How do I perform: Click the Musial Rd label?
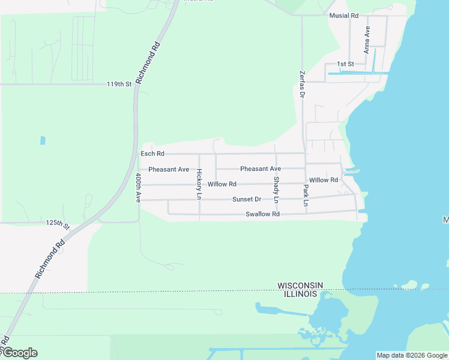click(x=343, y=16)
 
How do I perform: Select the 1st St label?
click(x=345, y=64)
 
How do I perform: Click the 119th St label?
click(x=119, y=85)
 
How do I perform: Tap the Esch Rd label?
click(x=152, y=154)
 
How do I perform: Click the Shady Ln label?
click(x=276, y=188)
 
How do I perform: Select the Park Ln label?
click(x=306, y=196)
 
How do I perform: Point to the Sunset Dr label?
click(x=247, y=199)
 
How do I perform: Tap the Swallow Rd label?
click(x=262, y=214)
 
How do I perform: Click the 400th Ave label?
click(x=138, y=187)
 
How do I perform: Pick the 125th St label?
click(x=58, y=223)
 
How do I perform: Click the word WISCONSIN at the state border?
click(x=300, y=285)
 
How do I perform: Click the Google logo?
click(x=19, y=353)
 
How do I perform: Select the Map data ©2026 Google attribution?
click(x=412, y=355)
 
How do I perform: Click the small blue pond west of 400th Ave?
click(x=43, y=140)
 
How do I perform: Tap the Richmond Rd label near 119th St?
click(x=148, y=62)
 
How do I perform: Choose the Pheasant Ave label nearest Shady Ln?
click(x=261, y=169)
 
